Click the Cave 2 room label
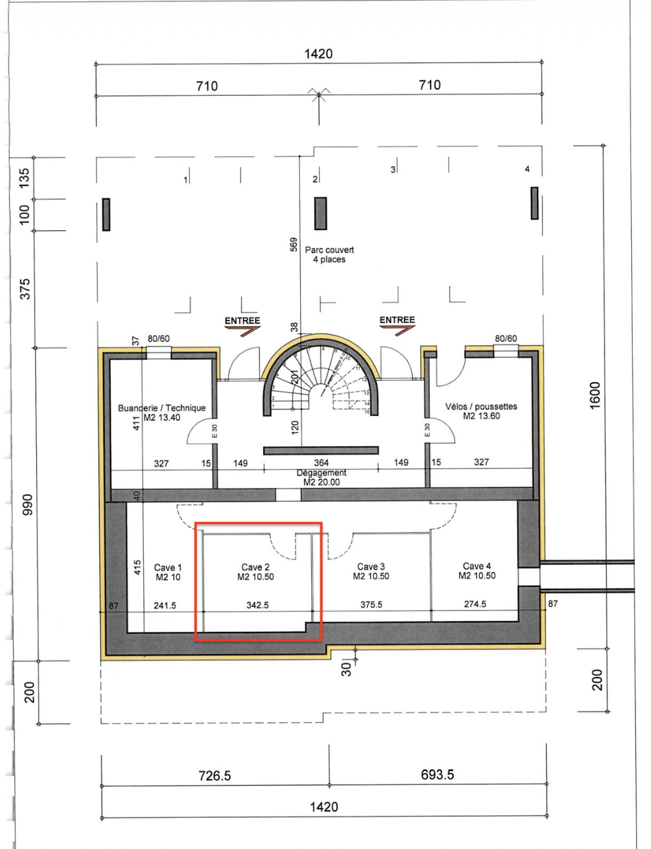click(x=256, y=571)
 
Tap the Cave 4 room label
click(x=477, y=570)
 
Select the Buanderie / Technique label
click(x=162, y=412)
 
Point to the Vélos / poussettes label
click(x=481, y=411)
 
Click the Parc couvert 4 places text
click(x=329, y=255)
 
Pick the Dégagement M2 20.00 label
click(x=321, y=477)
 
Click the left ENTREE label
click(x=242, y=321)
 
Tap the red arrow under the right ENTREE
click(x=397, y=331)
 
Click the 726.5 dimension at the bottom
click(x=214, y=776)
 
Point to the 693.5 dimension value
click(x=438, y=774)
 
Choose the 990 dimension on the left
click(x=27, y=504)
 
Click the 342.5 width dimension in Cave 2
click(x=258, y=605)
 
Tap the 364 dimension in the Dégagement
click(x=321, y=462)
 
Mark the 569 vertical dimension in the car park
click(x=294, y=245)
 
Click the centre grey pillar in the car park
click(x=321, y=213)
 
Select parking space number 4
click(x=527, y=169)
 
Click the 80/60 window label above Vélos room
click(x=506, y=339)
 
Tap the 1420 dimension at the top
click(x=318, y=54)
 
